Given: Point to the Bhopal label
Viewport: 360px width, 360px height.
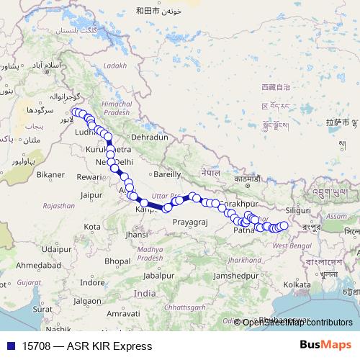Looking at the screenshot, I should [118, 260].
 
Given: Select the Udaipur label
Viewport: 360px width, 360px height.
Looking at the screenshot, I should [57, 248].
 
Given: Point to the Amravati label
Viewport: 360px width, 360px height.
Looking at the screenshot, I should [122, 315].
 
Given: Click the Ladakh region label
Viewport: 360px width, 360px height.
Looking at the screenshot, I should [114, 66].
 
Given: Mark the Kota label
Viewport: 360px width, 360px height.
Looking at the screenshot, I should [92, 227].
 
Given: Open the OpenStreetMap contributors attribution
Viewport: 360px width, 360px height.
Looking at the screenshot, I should [297, 323].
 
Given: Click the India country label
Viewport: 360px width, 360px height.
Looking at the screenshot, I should [144, 294].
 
